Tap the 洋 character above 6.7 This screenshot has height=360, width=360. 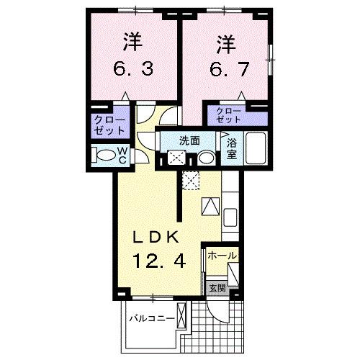click(x=223, y=45)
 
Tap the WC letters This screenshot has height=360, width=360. click(x=122, y=154)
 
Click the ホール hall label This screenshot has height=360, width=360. click(x=221, y=256)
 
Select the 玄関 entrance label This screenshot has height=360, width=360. click(x=217, y=287)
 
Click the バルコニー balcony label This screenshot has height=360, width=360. click(x=152, y=318)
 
